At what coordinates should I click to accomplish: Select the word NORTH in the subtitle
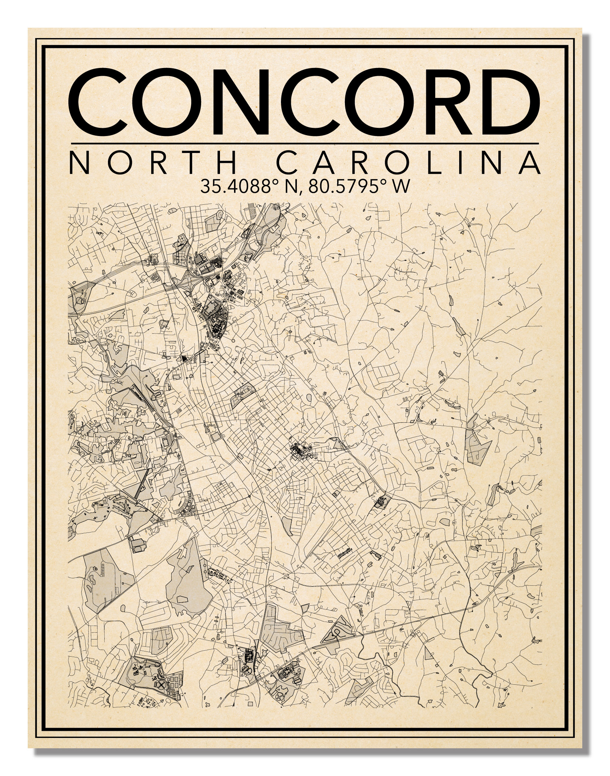coord(152,163)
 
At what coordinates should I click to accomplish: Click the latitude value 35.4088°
coord(239,187)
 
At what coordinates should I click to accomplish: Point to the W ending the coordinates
coord(401,187)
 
